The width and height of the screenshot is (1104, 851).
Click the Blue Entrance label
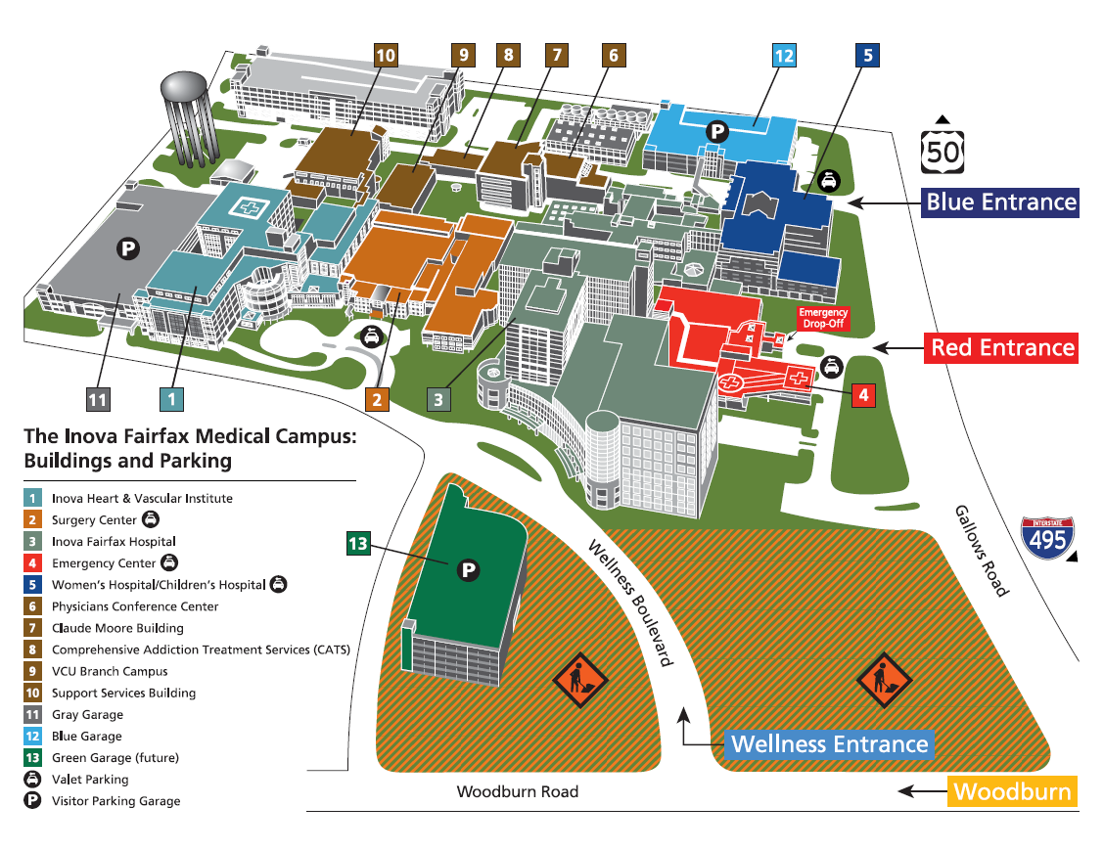[x=1001, y=202]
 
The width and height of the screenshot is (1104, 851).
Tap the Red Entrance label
[x=1001, y=347]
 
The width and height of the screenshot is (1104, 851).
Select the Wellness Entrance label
[x=829, y=744]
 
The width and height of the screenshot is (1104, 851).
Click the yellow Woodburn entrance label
[x=1012, y=791]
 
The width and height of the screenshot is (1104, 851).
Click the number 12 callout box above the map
[x=784, y=56]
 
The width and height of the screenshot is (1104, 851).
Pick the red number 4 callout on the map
[x=863, y=395]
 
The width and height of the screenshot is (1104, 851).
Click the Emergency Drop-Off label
[x=823, y=318]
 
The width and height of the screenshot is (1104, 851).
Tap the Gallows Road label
[x=982, y=552]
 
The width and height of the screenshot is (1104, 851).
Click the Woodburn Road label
[x=517, y=791]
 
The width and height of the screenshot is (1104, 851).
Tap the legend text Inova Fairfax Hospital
[x=114, y=541]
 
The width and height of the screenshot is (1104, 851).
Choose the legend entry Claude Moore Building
[x=117, y=628]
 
